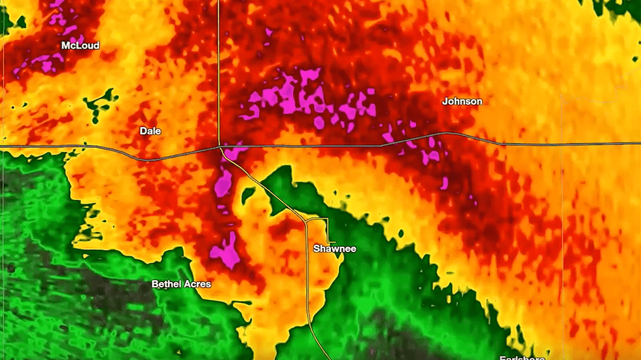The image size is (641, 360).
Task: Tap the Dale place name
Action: coord(150,131)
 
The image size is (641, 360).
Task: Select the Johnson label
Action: coord(462,101)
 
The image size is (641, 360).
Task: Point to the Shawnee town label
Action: coord(334,249)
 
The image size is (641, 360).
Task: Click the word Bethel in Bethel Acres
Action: coord(166,284)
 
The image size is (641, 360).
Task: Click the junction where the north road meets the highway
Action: coord(220,147)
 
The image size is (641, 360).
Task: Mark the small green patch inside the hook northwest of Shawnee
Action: coord(248,194)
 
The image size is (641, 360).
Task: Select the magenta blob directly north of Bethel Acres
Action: coord(226,251)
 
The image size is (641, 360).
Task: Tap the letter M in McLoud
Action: coord(65,46)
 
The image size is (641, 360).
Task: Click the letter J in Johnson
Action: coord(445,101)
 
